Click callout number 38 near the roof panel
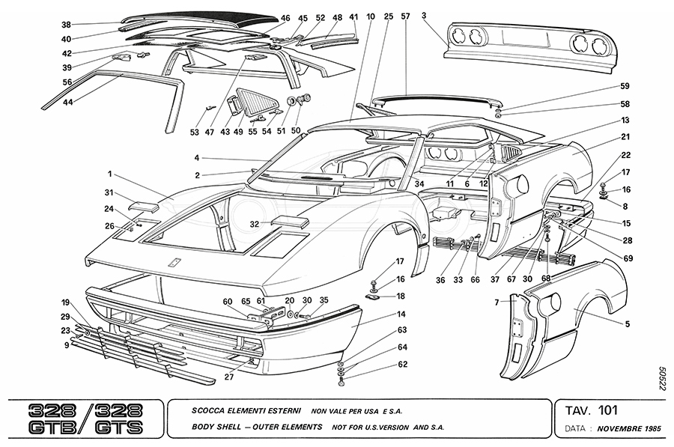[66, 24]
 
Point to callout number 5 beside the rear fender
[627, 324]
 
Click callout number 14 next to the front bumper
[401, 314]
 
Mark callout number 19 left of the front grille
[66, 302]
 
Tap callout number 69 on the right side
[627, 258]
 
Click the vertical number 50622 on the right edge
[663, 378]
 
